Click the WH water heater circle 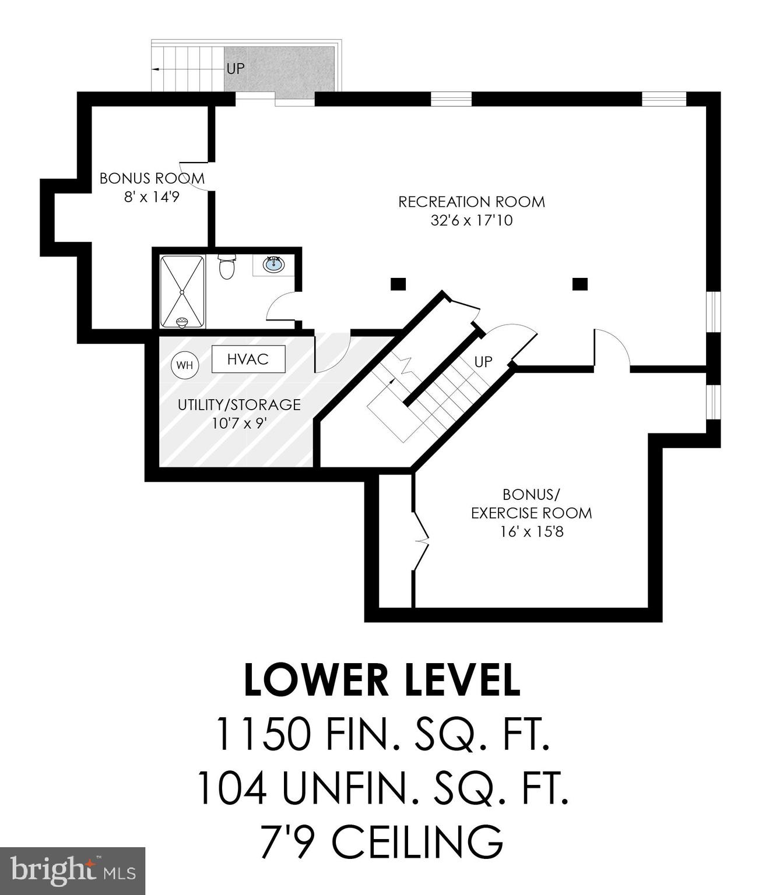(184, 365)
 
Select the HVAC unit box (248, 359)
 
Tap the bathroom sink (272, 265)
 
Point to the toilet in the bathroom (226, 268)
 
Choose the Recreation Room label (471, 202)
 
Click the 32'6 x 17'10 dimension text (471, 221)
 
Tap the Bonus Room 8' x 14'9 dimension (151, 197)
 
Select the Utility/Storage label (239, 404)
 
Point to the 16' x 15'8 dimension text (531, 531)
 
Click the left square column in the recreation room (398, 284)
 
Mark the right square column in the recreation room (580, 284)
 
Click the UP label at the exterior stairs (236, 69)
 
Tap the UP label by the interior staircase (483, 362)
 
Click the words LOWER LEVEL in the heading (381, 681)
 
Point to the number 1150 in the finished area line (262, 734)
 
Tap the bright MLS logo (72, 871)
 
